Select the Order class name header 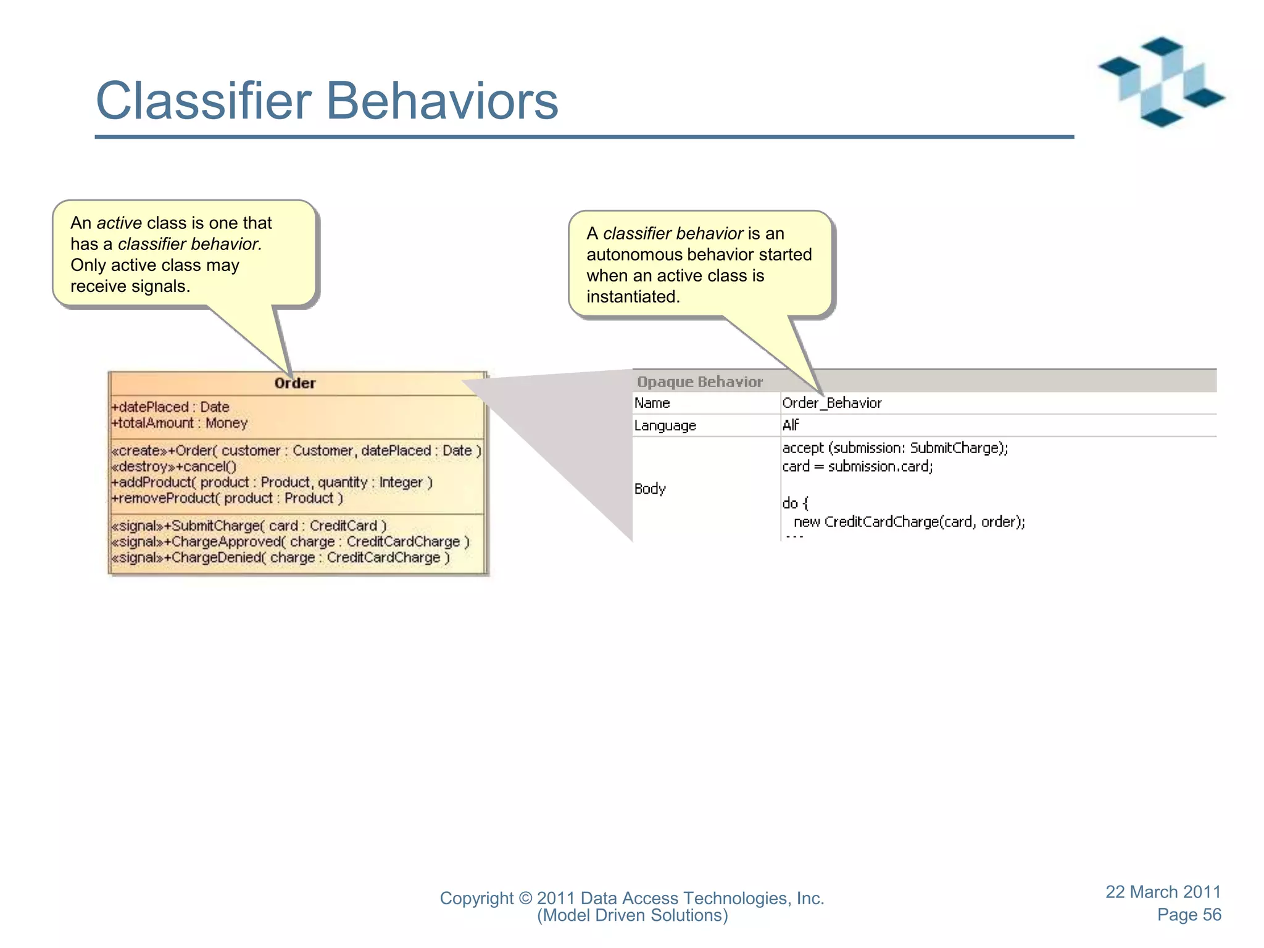tap(295, 383)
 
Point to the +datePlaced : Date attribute tap(170, 407)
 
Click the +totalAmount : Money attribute tap(180, 423)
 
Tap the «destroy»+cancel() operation tap(174, 467)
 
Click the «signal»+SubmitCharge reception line tap(249, 526)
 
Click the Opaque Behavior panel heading tap(700, 382)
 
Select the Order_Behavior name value tap(832, 403)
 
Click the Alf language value tap(791, 425)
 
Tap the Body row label tap(650, 489)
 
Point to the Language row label tap(665, 426)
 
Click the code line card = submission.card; tap(857, 467)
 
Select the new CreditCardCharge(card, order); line tap(909, 522)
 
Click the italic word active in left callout tap(119, 223)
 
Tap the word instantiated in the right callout tap(633, 297)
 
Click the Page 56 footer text tap(1189, 915)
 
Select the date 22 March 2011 tap(1163, 892)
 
